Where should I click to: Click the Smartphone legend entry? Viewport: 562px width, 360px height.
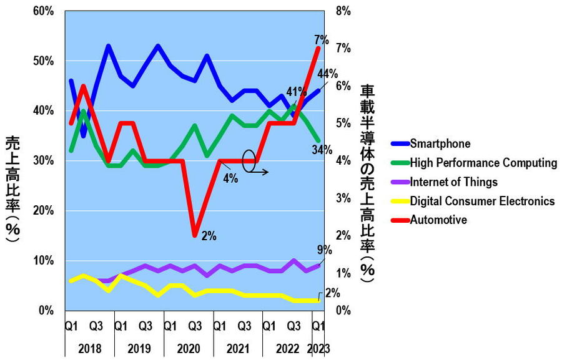coord(440,144)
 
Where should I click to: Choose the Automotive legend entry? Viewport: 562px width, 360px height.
coord(438,220)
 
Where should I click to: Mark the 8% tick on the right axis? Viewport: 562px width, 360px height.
coord(343,11)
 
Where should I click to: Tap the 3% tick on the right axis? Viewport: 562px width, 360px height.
coord(343,198)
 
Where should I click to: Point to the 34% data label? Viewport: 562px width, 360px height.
coord(322,150)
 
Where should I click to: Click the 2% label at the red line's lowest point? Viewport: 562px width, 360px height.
coord(209,236)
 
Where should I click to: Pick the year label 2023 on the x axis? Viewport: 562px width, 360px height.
coord(319,348)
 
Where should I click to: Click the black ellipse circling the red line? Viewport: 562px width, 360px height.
coord(249,160)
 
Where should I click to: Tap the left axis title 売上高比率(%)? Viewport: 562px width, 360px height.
coord(13,185)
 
